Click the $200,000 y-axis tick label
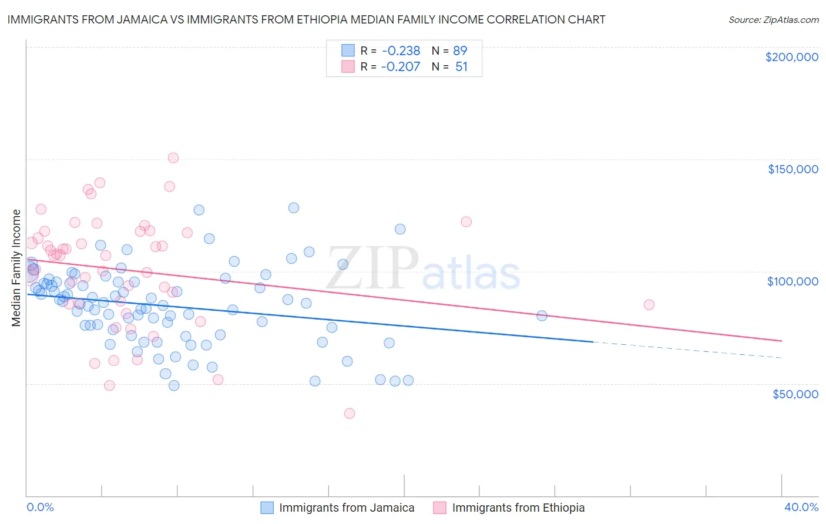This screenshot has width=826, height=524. tap(791, 57)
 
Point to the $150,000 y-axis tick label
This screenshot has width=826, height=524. tap(793, 169)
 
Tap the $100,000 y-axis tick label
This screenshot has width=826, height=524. tap(793, 281)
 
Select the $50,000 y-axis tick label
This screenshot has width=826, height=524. tap(795, 394)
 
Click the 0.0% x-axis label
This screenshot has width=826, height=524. tap(40, 507)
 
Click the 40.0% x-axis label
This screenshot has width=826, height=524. tap(801, 507)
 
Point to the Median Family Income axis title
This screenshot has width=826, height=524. tap(16, 267)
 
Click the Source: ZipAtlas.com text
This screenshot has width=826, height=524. tap(773, 19)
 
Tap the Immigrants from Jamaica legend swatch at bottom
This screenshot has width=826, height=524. tap(267, 508)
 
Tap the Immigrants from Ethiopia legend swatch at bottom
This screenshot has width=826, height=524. tap(440, 508)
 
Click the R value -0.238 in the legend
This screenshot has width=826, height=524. tap(400, 51)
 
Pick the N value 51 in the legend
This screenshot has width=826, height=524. tap(461, 66)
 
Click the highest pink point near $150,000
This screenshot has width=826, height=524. tap(173, 157)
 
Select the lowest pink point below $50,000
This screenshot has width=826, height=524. tap(350, 413)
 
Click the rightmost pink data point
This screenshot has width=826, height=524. tap(649, 304)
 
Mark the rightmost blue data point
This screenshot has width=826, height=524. tap(542, 315)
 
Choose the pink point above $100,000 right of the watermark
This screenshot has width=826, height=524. tap(466, 221)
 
